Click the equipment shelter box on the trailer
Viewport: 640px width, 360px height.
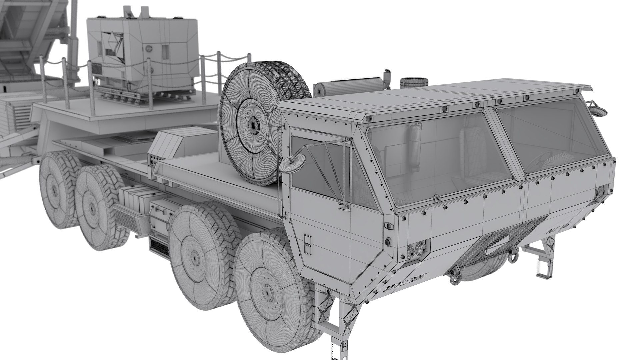pyautogui.click(x=142, y=50)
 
